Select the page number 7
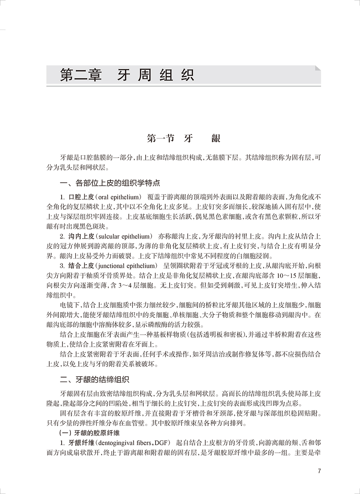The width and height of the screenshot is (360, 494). coord(319,471)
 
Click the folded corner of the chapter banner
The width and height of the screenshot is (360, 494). coord(317,69)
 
